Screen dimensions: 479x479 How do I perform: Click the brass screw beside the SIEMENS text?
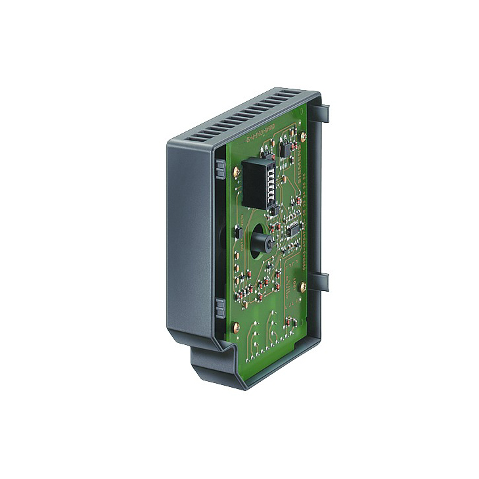303,136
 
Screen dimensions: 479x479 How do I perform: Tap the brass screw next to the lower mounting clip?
303,286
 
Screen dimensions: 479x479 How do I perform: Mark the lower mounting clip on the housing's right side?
325,281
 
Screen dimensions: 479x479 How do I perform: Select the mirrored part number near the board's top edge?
258,139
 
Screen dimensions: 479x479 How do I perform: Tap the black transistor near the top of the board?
283,150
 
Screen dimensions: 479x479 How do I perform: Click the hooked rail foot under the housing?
217,365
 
